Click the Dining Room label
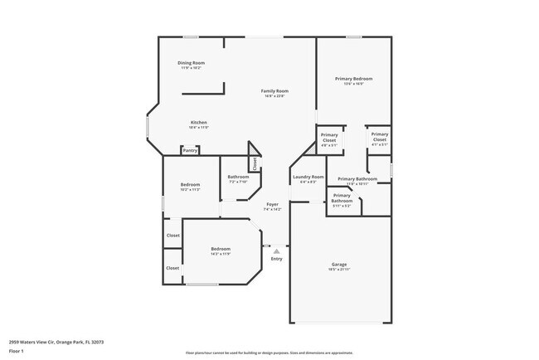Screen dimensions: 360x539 (x=192, y=63)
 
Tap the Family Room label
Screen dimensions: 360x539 (x=274, y=90)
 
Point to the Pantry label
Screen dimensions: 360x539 (x=191, y=151)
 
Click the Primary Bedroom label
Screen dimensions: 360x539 (x=353, y=79)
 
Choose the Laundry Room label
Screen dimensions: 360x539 (x=307, y=177)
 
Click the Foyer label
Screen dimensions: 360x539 (x=272, y=204)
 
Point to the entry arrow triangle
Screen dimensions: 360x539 (x=276, y=250)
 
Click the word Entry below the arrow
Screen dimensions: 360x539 (x=276, y=259)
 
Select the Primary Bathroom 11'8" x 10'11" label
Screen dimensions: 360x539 (x=357, y=179)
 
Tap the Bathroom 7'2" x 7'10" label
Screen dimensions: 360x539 (x=239, y=177)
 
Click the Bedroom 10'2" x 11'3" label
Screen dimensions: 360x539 (x=190, y=185)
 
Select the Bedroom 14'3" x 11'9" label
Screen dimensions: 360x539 (x=220, y=249)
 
